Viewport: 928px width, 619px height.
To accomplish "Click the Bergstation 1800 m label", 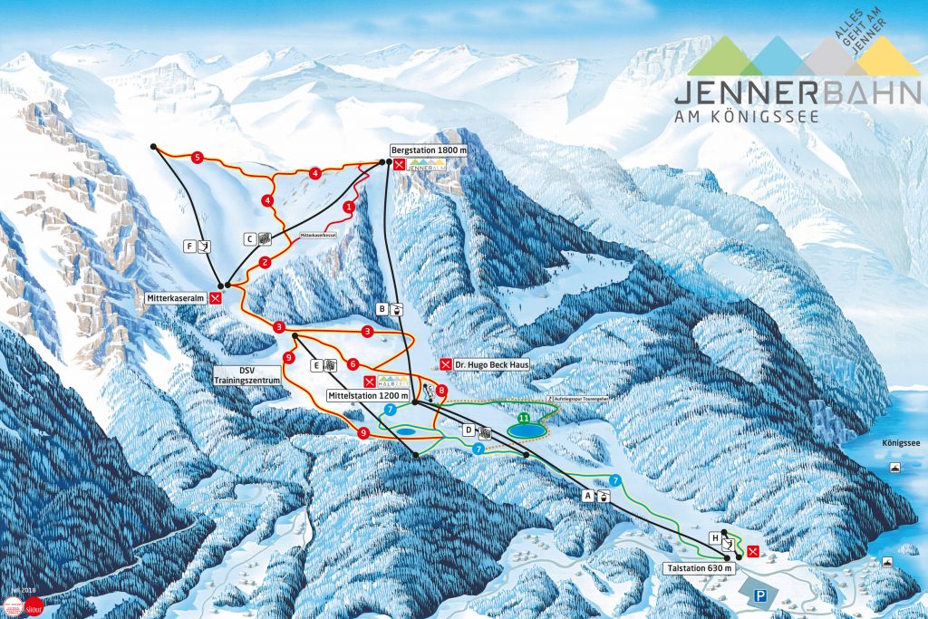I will [x=427, y=149].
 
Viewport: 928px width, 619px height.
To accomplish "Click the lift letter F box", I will [x=188, y=246].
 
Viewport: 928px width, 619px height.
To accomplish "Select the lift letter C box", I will [x=251, y=238].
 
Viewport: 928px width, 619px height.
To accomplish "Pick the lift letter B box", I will [x=382, y=309].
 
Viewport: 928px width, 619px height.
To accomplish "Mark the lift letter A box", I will [x=586, y=496].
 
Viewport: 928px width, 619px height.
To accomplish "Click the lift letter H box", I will [x=715, y=538].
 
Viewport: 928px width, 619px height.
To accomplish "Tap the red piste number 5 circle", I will [x=197, y=157].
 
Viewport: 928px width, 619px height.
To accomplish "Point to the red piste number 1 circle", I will [x=349, y=207].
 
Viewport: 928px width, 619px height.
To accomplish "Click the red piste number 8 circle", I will [x=441, y=390].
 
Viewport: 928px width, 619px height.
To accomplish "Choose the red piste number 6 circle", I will [x=352, y=364].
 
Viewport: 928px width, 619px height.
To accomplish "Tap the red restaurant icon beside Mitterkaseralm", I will [x=216, y=297].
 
